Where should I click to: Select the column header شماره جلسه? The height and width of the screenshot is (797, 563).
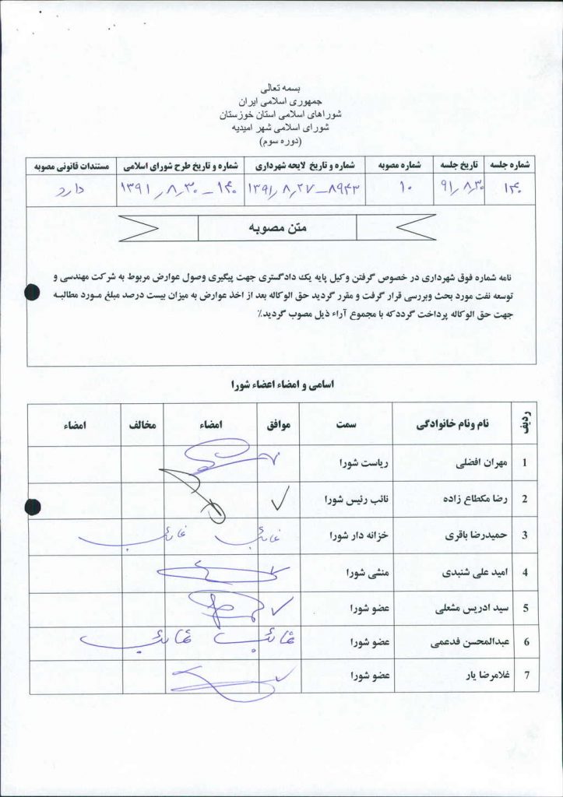(511, 166)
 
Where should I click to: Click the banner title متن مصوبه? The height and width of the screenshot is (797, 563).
(278, 227)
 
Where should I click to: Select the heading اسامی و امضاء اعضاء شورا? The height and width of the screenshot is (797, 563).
(281, 384)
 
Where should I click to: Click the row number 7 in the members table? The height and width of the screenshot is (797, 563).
(525, 676)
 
